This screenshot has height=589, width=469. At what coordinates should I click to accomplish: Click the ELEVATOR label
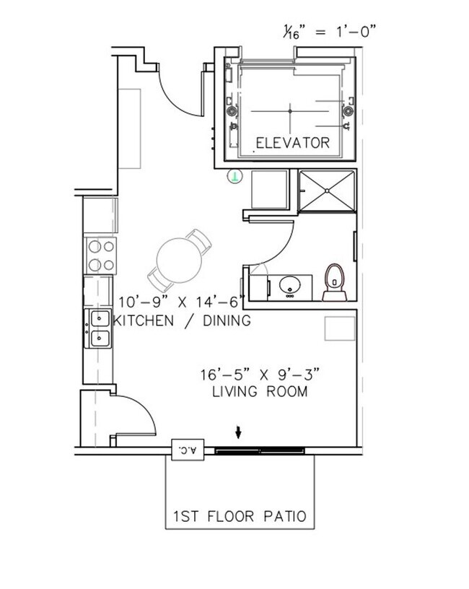point(292,143)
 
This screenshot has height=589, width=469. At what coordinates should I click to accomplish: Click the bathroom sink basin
point(291,284)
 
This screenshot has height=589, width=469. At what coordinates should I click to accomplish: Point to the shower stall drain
point(328,191)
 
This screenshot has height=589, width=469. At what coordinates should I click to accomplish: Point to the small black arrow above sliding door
point(239,432)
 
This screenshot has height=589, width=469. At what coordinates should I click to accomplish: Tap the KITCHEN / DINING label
point(183,320)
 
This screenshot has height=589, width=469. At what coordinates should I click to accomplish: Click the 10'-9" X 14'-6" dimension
point(182,302)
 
